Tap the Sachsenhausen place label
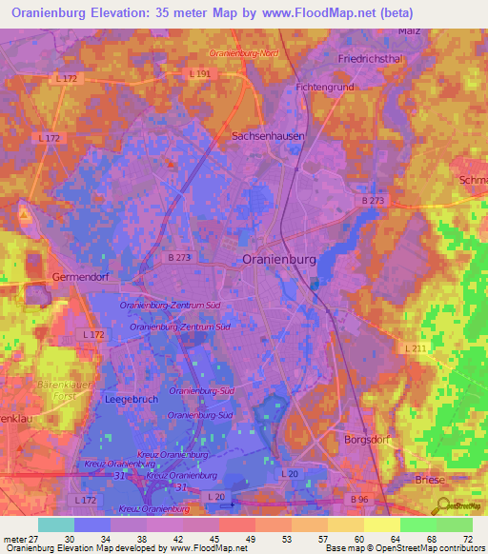point(269,136)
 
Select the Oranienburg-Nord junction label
point(244,53)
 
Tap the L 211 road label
point(416,349)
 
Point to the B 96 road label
point(358,499)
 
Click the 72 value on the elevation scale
point(468,540)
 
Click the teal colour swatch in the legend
point(56,524)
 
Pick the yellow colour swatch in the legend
point(381,524)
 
